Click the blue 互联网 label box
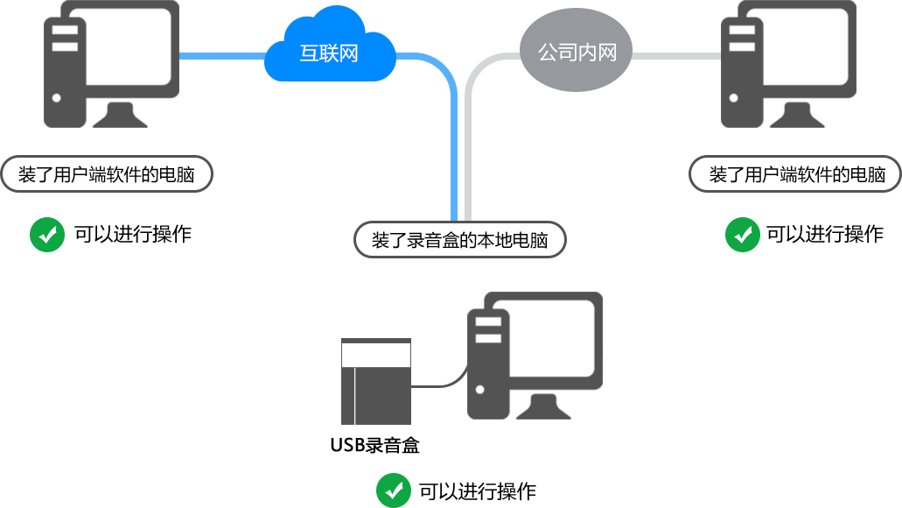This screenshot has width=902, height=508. pos(330,44)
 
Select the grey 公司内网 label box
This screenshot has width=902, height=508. pos(576,49)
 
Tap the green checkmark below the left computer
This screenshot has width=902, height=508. pos(46,234)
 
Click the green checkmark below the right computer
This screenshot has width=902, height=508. pos(742,234)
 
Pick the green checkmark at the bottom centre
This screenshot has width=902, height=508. pos(394,490)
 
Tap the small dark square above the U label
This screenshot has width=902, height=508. pos(376,381)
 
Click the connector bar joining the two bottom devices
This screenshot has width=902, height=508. pos(439,376)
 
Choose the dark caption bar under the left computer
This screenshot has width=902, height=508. pos(107,173)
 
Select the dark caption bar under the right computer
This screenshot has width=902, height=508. pos(794,173)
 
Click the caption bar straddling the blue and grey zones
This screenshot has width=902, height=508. pos(459,239)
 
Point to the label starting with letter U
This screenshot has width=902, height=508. pos(375,445)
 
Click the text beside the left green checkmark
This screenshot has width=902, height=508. pos(136,234)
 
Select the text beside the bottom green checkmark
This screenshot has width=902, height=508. pos(477,490)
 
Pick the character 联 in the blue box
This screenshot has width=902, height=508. pos(329,53)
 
